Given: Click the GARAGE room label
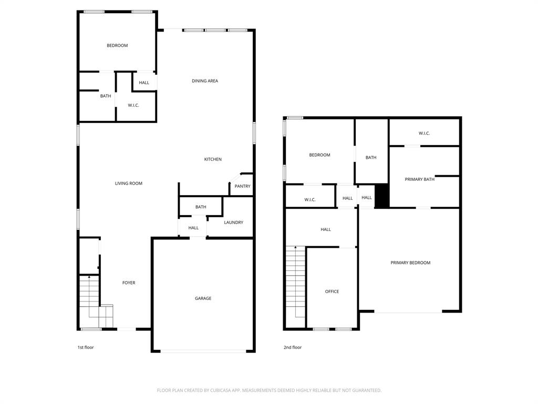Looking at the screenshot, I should [x=203, y=298].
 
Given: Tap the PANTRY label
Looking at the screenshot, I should [x=242, y=186].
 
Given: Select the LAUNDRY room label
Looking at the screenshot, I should [x=233, y=223].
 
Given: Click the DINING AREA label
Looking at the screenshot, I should [x=204, y=81].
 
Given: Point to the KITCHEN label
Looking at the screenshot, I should [x=213, y=159].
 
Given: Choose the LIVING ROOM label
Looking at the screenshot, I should [x=129, y=184].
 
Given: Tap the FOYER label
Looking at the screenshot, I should [x=129, y=283].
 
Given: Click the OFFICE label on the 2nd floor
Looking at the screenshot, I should [x=332, y=291].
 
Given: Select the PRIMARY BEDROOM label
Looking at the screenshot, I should [x=410, y=263].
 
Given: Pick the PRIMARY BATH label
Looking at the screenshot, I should [x=419, y=179].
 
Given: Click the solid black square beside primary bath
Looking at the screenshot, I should [x=382, y=196].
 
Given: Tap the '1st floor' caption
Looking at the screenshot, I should [x=86, y=347].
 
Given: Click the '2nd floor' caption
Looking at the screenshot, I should [x=293, y=347].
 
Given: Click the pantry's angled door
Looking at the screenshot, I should [x=235, y=177].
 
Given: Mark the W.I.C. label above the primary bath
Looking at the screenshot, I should [x=424, y=134].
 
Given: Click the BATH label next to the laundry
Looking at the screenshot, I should [x=201, y=207].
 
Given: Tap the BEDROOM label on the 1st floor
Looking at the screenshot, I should [x=117, y=46].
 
